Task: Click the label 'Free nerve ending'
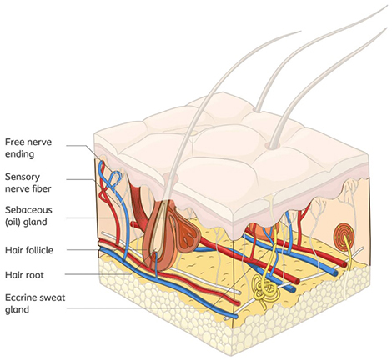28,147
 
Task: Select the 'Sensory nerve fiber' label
28,182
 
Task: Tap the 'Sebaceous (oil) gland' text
28,216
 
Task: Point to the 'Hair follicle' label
29,250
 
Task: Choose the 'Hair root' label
24,275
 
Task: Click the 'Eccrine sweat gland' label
35,303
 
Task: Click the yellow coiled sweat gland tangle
265,290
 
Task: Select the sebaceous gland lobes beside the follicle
188,234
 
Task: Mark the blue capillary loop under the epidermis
114,178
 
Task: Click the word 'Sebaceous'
28,210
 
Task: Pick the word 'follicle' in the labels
38,250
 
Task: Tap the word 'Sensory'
23,177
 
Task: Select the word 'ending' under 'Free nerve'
19,154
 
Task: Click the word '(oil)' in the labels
13,222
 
